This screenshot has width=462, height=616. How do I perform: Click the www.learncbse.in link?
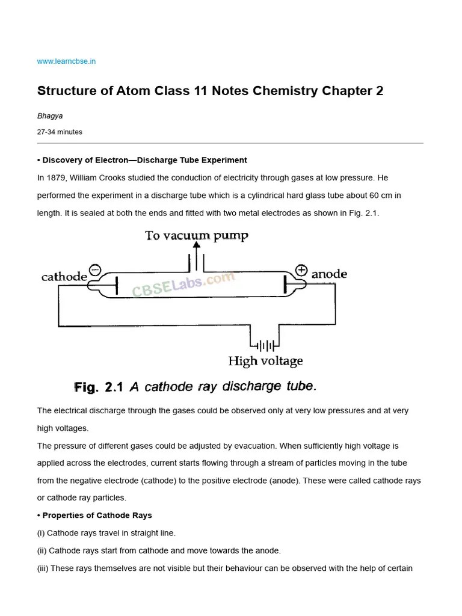66,61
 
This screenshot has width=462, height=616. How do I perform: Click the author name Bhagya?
50,116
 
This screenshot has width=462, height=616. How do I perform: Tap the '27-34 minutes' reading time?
60,132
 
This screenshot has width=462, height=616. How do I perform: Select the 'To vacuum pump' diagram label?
196,235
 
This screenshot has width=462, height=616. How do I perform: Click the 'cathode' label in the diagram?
64,277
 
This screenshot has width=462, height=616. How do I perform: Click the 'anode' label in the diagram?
329,274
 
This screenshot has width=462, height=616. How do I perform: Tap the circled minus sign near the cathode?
95,270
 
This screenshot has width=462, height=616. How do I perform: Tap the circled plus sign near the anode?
301,270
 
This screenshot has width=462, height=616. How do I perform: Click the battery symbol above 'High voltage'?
265,346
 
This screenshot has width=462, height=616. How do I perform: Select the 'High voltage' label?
265,362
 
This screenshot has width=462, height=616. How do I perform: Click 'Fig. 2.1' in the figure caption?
99,387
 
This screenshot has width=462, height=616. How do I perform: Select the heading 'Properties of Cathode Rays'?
97,516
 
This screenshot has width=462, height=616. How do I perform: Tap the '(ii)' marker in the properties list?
42,550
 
